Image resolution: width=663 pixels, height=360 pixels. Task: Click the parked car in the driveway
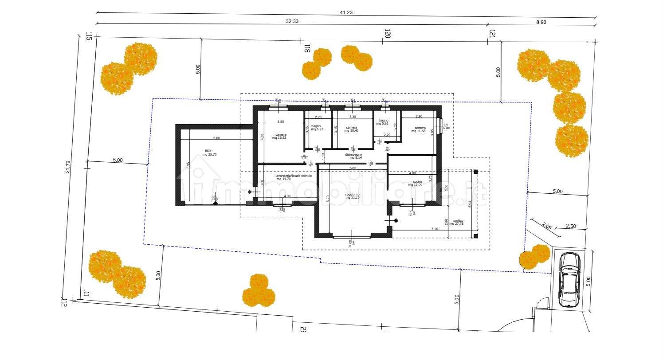tap(569, 279)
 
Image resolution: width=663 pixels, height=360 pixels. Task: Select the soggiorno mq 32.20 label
tap(353, 196)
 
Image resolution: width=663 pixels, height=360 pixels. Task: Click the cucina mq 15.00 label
tap(417, 183)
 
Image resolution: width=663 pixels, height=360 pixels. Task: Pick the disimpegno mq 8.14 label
tap(356, 156)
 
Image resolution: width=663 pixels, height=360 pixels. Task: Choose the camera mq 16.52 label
tap(280, 137)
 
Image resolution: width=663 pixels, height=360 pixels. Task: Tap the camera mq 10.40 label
tap(352, 129)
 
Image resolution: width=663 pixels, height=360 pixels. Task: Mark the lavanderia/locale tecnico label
tap(294, 177)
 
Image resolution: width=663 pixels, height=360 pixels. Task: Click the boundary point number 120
tap(387, 35)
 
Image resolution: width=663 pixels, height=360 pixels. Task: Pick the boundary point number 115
tap(89, 36)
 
